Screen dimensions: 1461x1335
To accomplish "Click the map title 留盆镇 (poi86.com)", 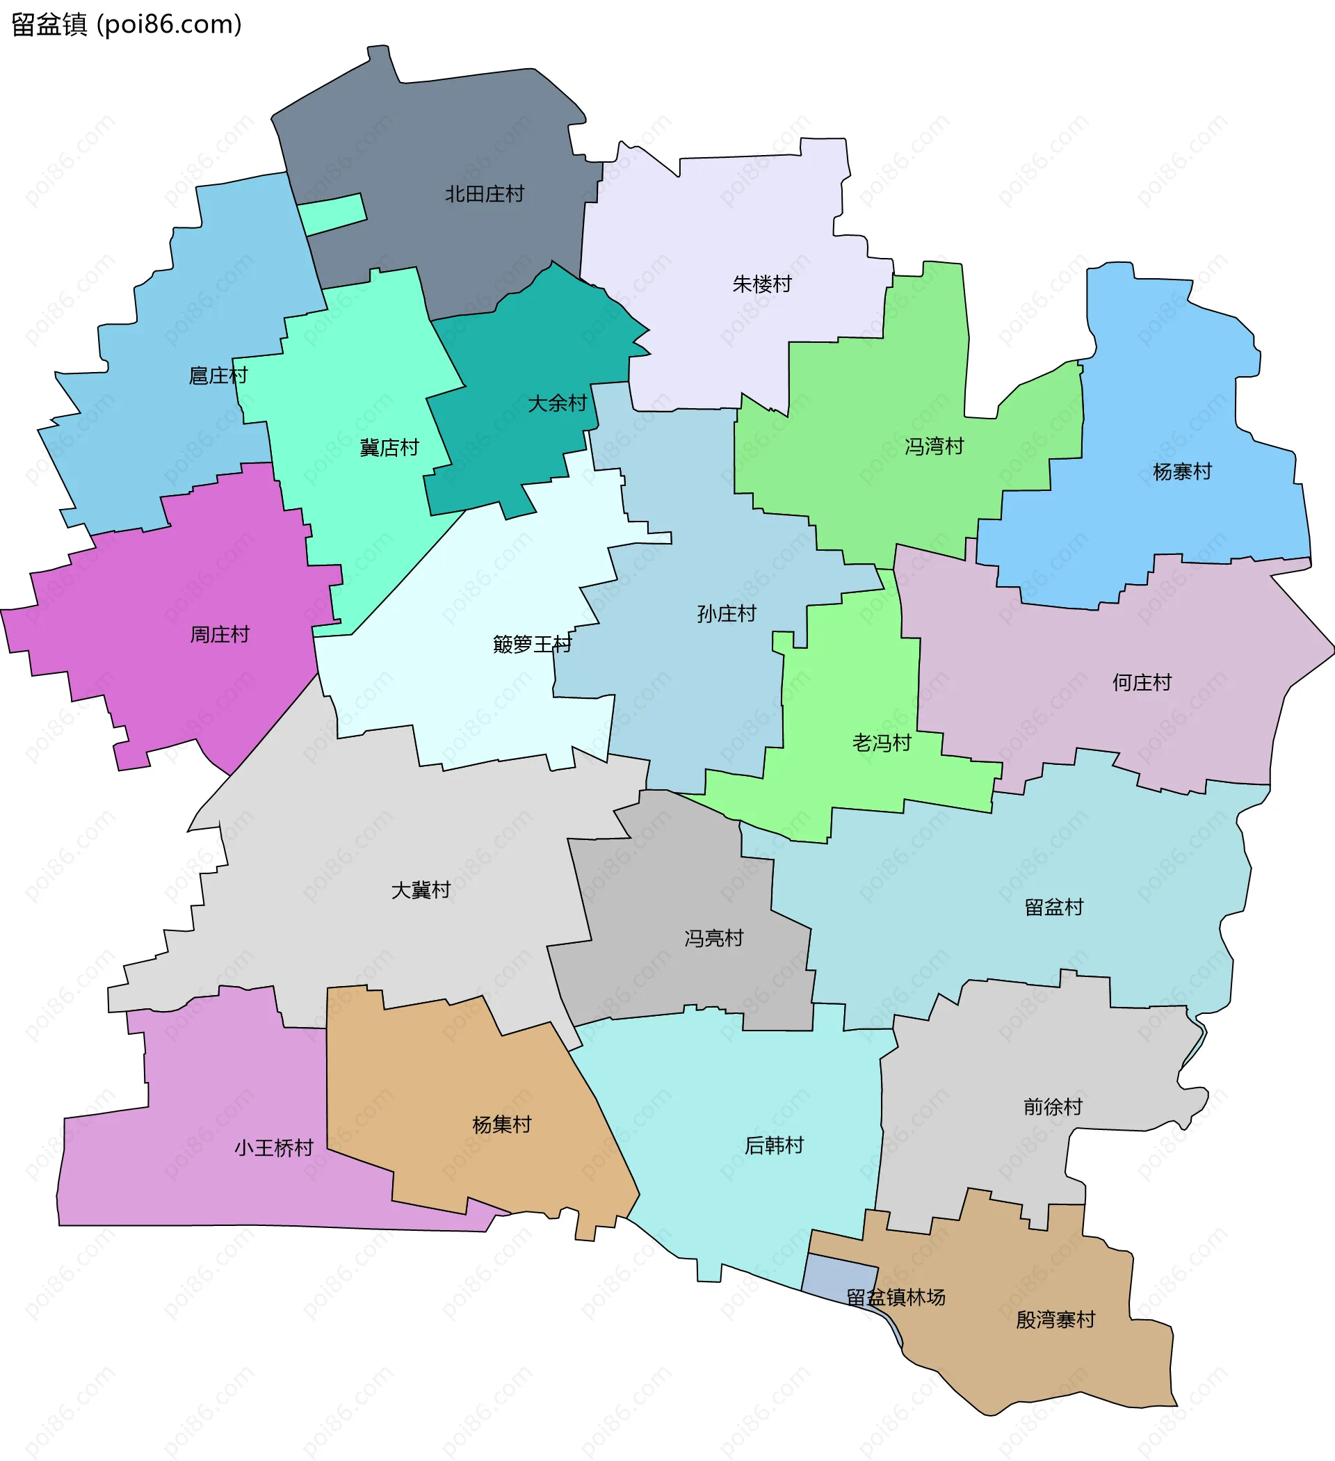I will click(127, 24).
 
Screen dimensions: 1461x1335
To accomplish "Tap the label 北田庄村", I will click(484, 194).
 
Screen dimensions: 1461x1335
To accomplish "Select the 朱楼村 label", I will click(762, 284).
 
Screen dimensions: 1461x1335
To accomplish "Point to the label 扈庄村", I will click(218, 376).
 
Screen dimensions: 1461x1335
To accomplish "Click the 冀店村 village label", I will click(389, 448).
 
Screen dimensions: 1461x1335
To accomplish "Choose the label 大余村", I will click(557, 403).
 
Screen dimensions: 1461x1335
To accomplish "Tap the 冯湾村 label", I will click(934, 446).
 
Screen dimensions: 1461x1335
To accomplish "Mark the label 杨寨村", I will click(1182, 471).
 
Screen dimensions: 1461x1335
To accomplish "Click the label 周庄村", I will click(220, 635).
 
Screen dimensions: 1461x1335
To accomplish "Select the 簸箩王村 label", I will click(532, 644).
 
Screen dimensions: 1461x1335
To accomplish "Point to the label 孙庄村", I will click(726, 614).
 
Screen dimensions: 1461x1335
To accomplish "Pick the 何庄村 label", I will click(1142, 683).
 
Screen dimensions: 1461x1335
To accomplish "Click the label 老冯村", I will click(881, 743).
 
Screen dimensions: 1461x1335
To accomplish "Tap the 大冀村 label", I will click(421, 890).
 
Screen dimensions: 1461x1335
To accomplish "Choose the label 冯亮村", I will click(714, 939).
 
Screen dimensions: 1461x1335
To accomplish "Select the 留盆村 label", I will click(1054, 907).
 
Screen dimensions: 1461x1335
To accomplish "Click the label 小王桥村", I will click(273, 1148).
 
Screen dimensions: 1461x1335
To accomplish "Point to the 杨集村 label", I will click(501, 1124).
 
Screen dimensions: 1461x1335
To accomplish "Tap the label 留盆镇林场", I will click(896, 1297).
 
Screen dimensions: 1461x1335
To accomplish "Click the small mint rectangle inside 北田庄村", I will click(332, 214).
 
